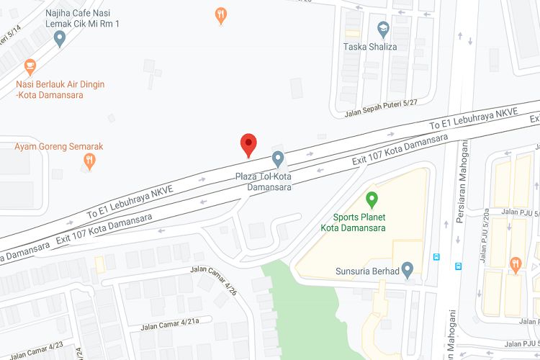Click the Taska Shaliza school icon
tap(384, 30)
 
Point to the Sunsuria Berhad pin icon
tap(408, 271)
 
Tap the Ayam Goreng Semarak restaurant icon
tap(89, 161)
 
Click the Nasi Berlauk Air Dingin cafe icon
tap(30, 68)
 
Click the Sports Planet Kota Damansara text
tap(359, 222)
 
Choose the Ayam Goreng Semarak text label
tap(59, 146)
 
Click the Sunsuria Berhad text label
tap(366, 271)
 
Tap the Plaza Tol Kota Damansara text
tap(264, 181)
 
